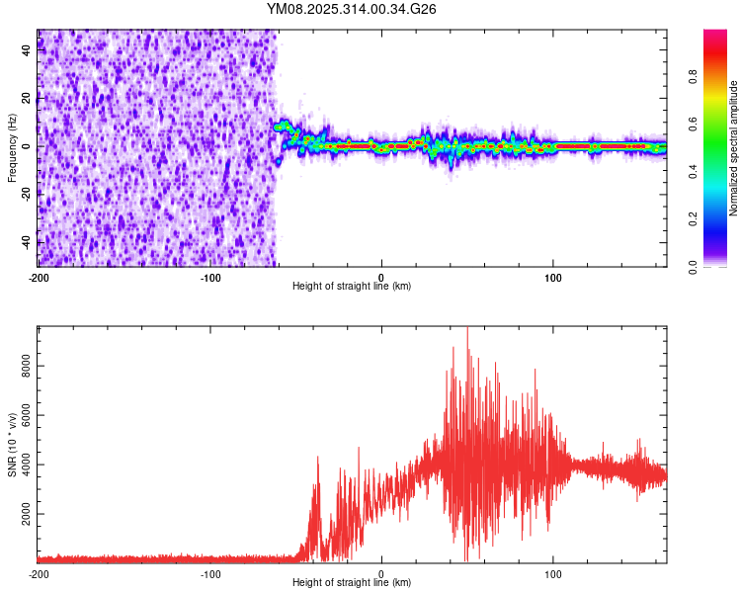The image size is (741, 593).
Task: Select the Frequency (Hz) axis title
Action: pos(13,147)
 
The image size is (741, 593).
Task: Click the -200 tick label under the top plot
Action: pos(38,278)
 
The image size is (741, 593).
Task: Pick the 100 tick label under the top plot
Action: pos(553,278)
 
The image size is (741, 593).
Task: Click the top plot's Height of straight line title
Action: pos(352,287)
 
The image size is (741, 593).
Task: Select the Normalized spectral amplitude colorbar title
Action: pos(734,148)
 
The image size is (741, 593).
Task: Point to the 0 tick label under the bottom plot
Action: pos(381,574)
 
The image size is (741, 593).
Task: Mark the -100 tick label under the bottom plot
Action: pos(209,574)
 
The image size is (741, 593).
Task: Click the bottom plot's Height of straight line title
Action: pos(352,583)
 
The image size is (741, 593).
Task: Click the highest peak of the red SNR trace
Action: pos(467,329)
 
